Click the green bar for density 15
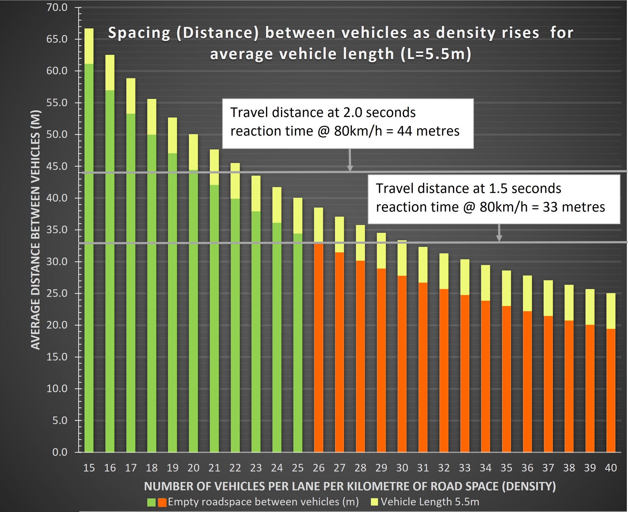[89, 258]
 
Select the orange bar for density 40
[611, 390]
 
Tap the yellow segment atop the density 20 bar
[193, 152]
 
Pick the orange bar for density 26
[318, 347]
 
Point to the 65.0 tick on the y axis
[57, 39]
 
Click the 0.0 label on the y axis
[60, 452]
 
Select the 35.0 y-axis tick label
[57, 230]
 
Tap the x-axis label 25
[297, 468]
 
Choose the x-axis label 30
[402, 468]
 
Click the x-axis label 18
[151, 468]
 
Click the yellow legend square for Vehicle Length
[374, 502]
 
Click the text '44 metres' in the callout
[428, 131]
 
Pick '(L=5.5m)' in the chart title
[435, 54]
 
